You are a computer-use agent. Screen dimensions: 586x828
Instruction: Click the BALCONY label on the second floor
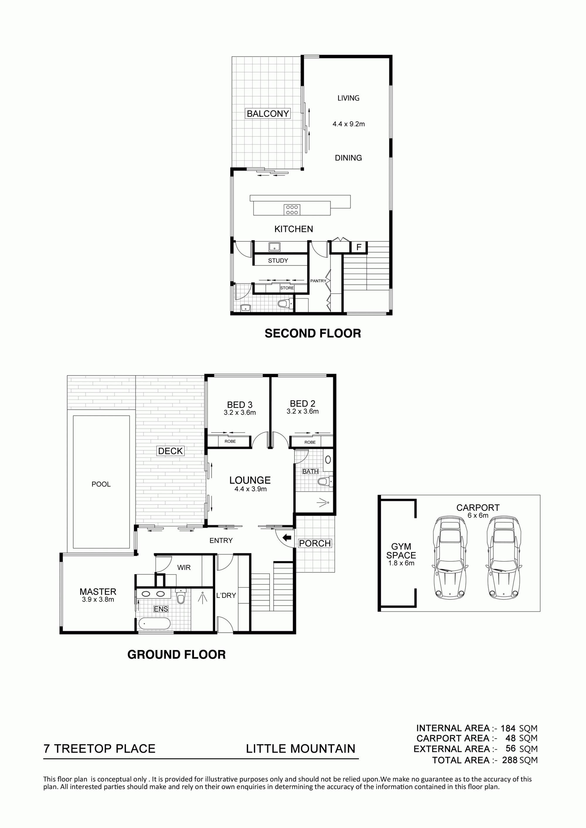(x=268, y=114)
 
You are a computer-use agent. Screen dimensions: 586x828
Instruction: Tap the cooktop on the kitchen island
(x=292, y=210)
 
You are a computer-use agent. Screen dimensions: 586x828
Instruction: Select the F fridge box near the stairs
(x=359, y=247)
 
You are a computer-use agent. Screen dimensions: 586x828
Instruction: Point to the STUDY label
(x=278, y=260)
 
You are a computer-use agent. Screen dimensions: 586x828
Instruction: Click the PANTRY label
(x=318, y=281)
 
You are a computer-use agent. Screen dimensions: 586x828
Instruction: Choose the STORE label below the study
(x=287, y=288)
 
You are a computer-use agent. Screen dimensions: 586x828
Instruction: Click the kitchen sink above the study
(x=275, y=247)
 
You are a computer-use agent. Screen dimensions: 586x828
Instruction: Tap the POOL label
(x=101, y=484)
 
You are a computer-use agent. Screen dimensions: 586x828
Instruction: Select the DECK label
(x=171, y=451)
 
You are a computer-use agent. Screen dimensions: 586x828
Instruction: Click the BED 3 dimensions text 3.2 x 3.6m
(x=240, y=413)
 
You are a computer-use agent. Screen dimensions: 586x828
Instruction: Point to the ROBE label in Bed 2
(x=310, y=442)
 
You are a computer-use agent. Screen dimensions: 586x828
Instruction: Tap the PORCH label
(x=315, y=543)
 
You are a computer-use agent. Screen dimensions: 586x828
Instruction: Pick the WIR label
(x=184, y=568)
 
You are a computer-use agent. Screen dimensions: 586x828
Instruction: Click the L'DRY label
(x=226, y=595)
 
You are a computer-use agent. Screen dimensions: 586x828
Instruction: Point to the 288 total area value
(x=510, y=760)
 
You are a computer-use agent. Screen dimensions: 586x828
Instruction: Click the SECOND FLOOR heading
(x=313, y=333)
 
